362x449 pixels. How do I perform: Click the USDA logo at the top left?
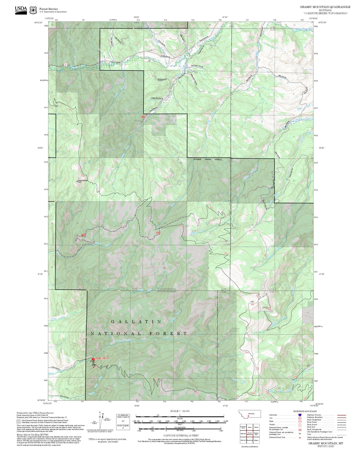coord(21,10)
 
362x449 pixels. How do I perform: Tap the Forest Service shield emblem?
coord(33,10)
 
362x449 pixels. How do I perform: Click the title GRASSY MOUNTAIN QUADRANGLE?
coord(325,7)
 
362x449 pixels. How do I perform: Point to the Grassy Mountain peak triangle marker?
coord(77,181)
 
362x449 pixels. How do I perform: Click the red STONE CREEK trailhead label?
coord(102,359)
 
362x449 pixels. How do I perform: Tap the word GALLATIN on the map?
coord(136,322)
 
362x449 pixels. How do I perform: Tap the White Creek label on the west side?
coord(58,319)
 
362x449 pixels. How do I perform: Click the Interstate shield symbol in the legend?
coord(300,415)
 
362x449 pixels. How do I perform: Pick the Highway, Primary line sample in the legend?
coord(341,415)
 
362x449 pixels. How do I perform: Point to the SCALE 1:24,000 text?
coord(180,411)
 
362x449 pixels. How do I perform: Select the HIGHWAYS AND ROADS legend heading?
coord(305,411)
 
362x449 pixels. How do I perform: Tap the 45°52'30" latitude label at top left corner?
coord(40,23)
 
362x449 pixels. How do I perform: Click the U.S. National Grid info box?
coord(123,422)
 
